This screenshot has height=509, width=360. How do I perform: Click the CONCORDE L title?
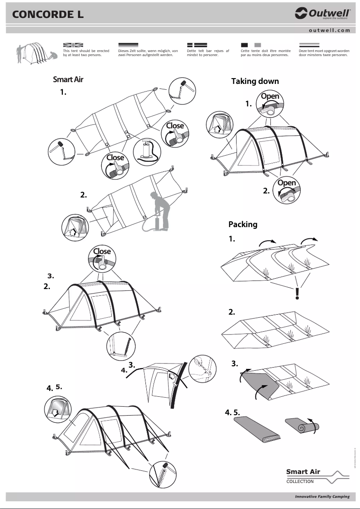click(48, 15)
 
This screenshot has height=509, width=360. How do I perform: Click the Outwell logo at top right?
click(322, 14)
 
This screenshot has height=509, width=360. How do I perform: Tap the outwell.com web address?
click(329, 31)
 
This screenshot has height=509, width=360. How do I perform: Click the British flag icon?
click(74, 45)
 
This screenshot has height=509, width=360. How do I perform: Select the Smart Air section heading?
click(68, 79)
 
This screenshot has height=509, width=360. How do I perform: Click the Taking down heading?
click(255, 81)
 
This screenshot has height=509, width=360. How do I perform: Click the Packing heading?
click(242, 224)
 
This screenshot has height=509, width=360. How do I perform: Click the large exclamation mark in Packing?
click(297, 293)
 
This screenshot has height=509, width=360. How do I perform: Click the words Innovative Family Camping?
click(322, 497)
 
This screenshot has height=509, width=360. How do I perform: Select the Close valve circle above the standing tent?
click(102, 258)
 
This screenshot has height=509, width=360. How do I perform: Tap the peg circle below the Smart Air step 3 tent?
click(120, 345)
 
